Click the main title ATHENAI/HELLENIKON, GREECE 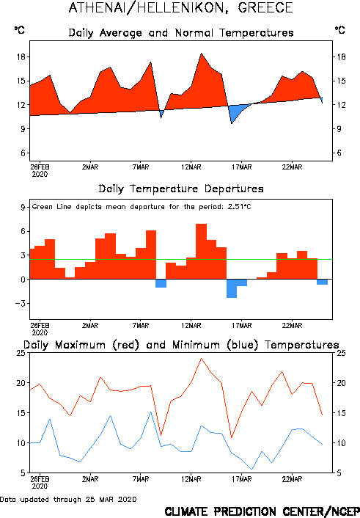180,7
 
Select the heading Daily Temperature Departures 181,189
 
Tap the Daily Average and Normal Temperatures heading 181,33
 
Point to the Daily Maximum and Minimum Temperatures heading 181,345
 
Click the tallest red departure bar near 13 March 201,251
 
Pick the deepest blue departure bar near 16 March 232,288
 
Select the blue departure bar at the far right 323,282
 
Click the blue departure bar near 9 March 161,283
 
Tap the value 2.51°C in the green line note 239,207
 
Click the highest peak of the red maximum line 201,358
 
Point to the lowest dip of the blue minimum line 251,469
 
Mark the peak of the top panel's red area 201,54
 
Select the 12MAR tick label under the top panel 191,167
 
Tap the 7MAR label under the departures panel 141,326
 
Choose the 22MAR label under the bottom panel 292,479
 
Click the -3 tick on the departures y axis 21,303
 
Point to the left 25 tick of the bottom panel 21,353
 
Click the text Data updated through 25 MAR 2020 68,499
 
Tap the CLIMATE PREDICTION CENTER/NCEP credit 262,511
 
